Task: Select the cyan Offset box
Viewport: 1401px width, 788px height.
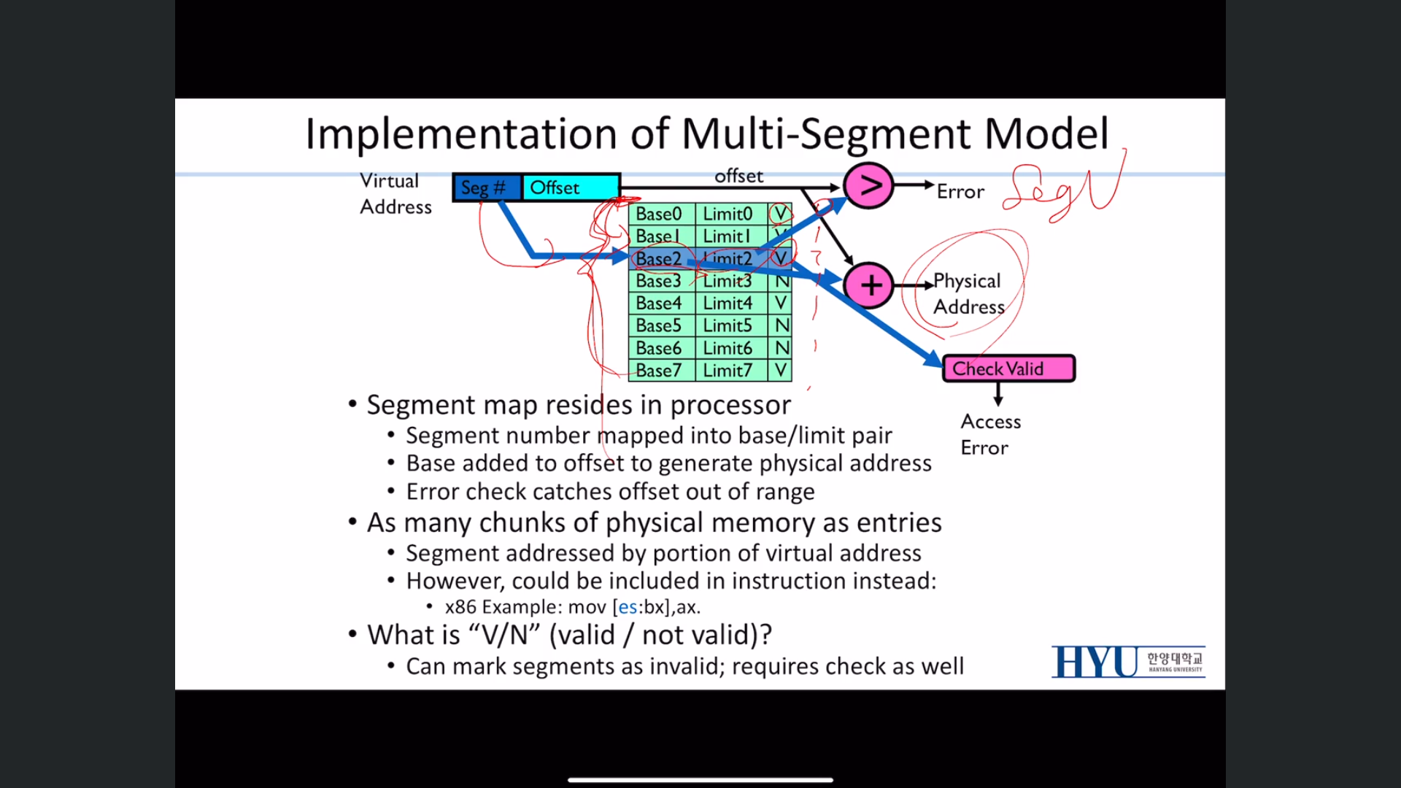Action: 571,188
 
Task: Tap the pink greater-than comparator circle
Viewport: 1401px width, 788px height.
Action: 868,186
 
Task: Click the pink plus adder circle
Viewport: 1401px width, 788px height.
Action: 868,285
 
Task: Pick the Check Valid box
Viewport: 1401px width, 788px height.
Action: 1008,368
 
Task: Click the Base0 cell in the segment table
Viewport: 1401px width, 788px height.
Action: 660,214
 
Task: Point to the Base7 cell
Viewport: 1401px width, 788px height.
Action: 660,371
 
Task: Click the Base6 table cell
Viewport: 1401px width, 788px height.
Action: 660,348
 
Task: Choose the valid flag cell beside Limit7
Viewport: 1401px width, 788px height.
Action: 781,371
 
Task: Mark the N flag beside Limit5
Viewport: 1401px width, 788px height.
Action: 781,325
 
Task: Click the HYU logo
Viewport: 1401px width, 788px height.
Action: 1127,662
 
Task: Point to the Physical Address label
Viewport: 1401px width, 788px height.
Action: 968,293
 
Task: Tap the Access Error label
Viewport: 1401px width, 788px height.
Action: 989,434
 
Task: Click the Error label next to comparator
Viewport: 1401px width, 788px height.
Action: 960,192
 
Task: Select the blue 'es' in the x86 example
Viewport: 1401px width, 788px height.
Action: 627,607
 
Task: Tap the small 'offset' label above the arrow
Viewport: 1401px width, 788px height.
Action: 738,176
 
